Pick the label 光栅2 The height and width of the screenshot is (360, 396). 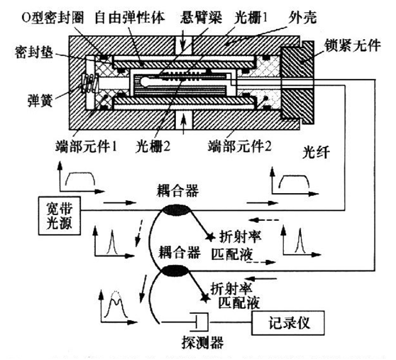click(155, 147)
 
